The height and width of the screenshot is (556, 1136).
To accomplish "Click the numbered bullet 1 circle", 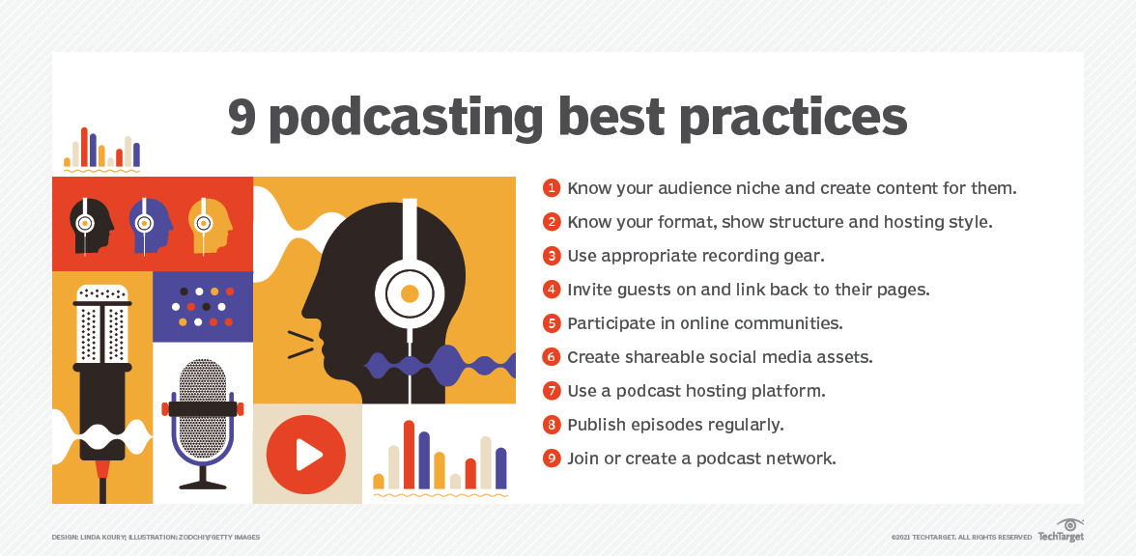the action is click(x=552, y=188).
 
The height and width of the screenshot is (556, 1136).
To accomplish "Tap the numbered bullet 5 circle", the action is click(x=552, y=323).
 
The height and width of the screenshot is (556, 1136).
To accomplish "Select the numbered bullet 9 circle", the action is click(x=552, y=459).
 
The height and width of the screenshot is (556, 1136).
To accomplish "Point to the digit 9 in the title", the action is click(x=241, y=116).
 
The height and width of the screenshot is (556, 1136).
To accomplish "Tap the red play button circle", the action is click(x=305, y=455).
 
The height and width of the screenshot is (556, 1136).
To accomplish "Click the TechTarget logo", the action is click(x=1062, y=531).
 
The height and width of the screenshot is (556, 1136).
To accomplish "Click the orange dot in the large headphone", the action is click(x=410, y=293).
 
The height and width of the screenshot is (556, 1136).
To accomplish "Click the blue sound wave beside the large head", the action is click(x=440, y=366).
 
